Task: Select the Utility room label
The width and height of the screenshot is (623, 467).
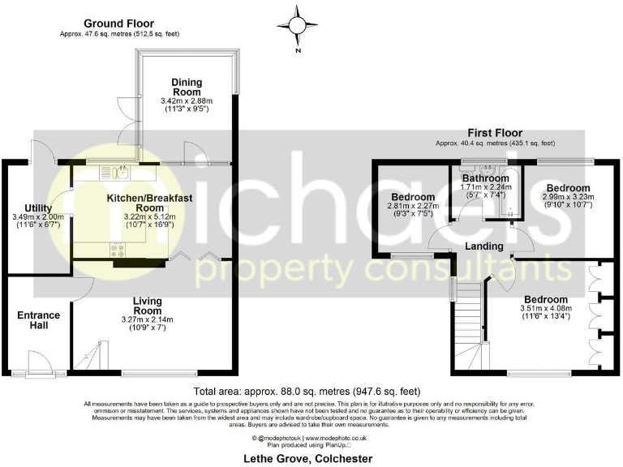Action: point(38,208)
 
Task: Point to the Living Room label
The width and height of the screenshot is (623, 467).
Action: point(148,305)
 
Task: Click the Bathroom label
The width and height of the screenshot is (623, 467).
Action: point(485,178)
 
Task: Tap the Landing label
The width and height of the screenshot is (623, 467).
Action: point(485,246)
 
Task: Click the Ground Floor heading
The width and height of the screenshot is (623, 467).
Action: point(118,24)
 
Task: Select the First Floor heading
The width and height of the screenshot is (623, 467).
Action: point(495,133)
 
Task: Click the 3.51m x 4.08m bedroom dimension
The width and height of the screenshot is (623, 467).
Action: point(544,307)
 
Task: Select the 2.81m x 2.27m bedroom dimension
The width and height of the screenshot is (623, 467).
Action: point(415,206)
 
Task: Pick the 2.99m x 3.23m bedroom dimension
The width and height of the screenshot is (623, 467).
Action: point(568,196)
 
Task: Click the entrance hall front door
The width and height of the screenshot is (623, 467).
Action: point(37,362)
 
